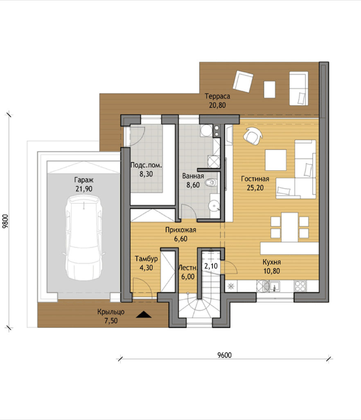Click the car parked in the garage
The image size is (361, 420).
(83, 237)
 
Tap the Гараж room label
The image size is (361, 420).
(83, 180)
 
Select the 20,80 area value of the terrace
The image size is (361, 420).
(217, 105)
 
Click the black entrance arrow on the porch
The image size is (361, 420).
(144, 314)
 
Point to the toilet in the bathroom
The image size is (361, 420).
(211, 183)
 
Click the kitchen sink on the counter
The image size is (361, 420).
(268, 286)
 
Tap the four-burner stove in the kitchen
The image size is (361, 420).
(300, 286)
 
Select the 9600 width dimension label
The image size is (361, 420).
(224, 355)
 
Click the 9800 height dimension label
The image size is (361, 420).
(5, 221)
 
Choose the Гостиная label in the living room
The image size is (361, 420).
(255, 179)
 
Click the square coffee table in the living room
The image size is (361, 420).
(276, 160)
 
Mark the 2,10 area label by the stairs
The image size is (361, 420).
(211, 266)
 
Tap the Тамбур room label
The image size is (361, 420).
(146, 259)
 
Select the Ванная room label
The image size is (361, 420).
(193, 176)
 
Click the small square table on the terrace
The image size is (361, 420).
(270, 89)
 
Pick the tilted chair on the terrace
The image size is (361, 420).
(243, 82)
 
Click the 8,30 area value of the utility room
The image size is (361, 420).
(146, 174)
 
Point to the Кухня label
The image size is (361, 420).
(271, 262)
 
